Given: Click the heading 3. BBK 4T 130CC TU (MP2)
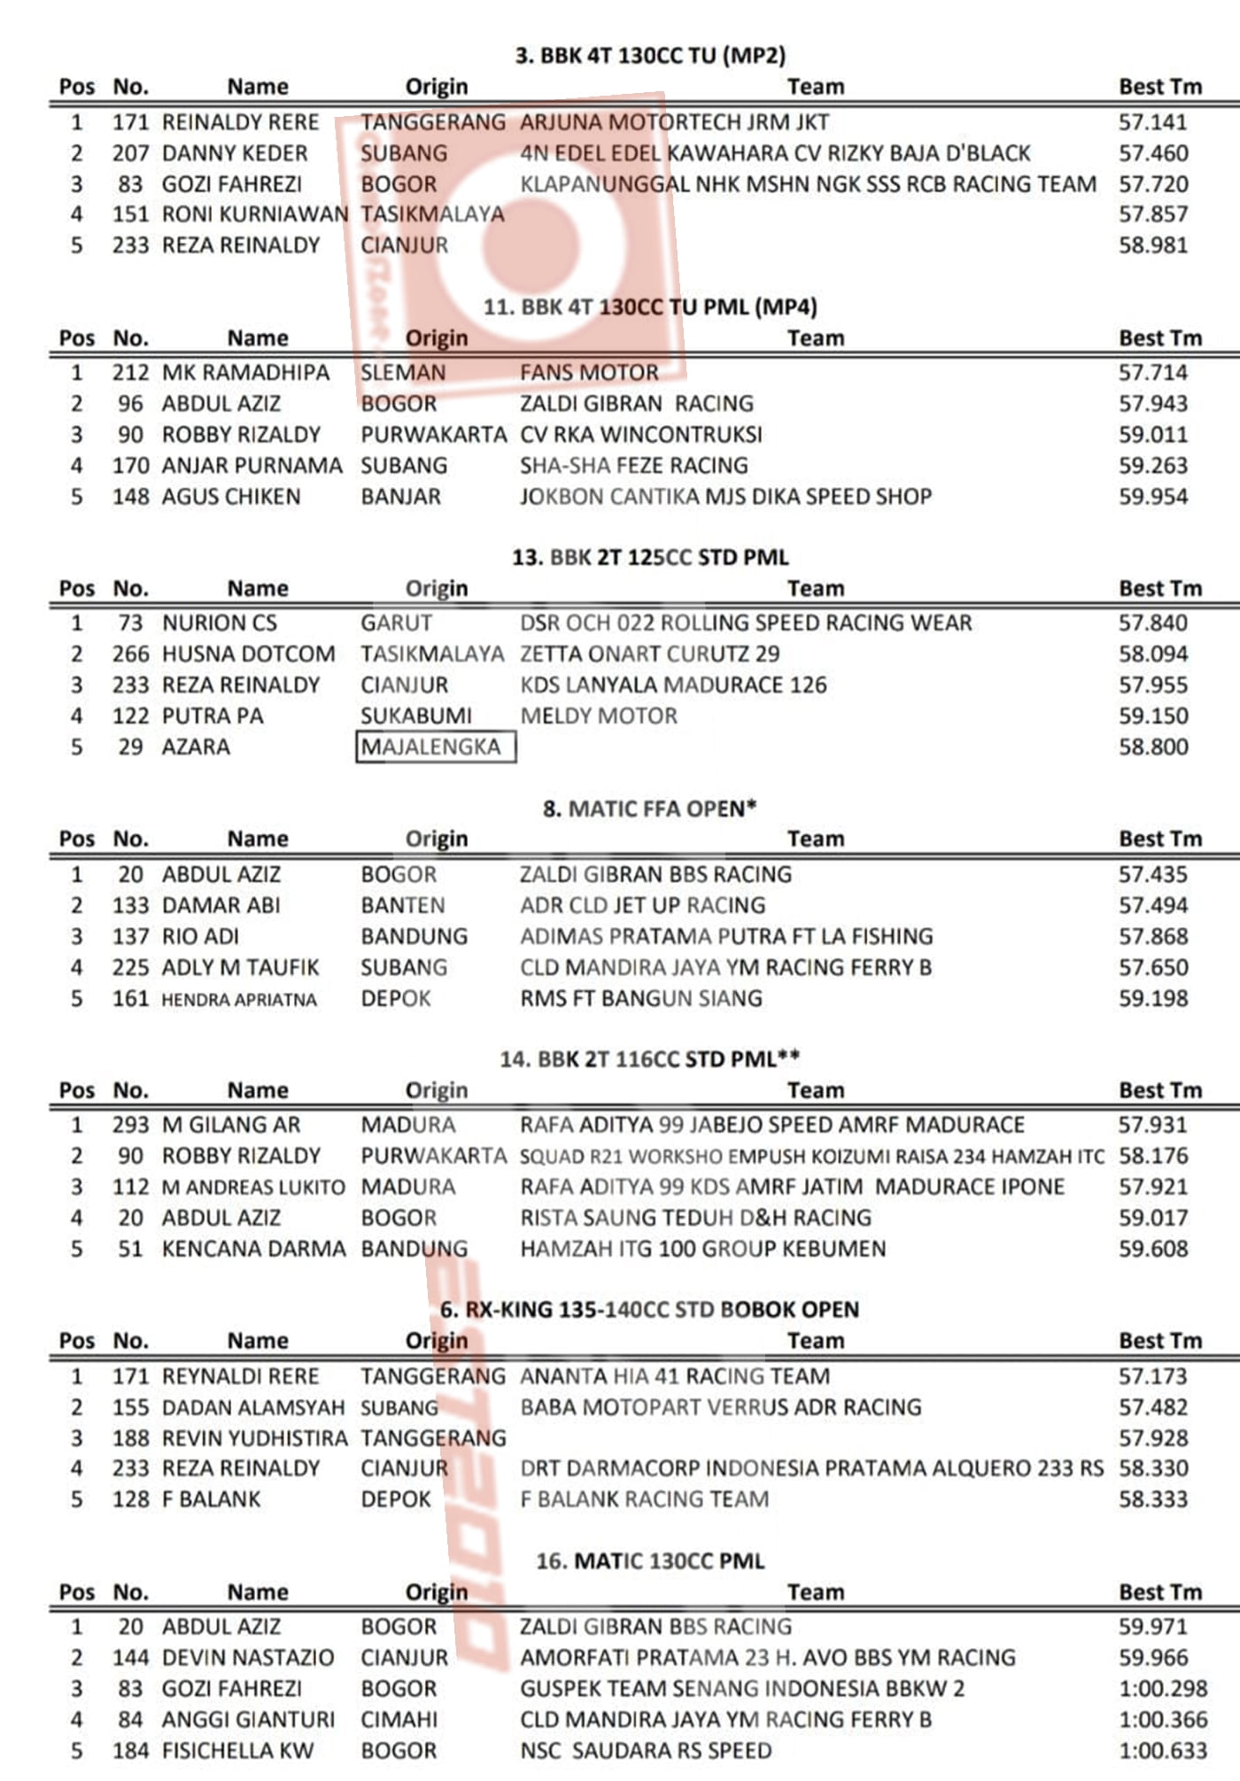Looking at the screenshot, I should point(650,56).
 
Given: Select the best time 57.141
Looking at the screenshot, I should point(1152,122).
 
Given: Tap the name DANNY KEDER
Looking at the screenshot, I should point(235,153).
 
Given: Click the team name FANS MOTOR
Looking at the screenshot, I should point(589,373).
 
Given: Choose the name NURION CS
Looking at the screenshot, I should point(219,623).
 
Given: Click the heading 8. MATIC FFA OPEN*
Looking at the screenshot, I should point(650,809).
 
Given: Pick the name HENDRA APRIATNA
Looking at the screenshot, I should point(238,1000).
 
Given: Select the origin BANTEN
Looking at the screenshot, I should point(402,906).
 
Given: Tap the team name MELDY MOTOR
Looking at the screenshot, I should point(598,716).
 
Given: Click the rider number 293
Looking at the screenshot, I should point(130,1126).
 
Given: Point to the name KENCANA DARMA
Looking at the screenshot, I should point(253,1250).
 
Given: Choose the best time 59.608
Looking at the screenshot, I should point(1152,1250).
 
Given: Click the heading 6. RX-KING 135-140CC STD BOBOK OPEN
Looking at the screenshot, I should point(649,1310).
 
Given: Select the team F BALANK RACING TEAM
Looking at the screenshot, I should point(644,1499).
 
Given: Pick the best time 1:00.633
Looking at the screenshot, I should point(1163,1751).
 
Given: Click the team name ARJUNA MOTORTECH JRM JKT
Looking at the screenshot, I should point(674,122).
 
